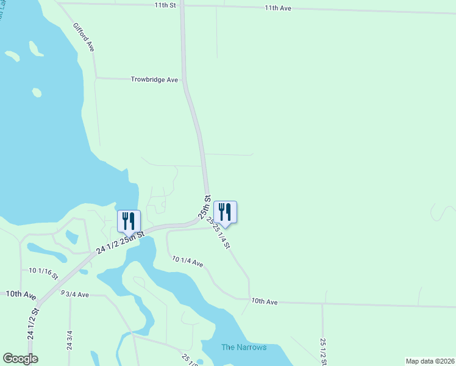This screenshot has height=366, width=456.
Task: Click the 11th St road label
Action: [x=165, y=5]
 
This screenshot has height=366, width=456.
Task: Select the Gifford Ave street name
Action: [x=84, y=37]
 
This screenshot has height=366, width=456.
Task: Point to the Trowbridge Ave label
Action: [x=154, y=79]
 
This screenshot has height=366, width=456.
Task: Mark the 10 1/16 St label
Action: [x=43, y=272]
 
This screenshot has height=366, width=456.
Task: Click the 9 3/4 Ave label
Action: [x=74, y=294]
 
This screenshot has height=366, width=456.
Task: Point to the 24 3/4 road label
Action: [x=69, y=340]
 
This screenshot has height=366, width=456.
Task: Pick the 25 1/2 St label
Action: [x=322, y=352]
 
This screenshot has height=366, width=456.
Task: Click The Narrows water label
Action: [x=244, y=347]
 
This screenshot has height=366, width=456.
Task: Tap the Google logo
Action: [x=20, y=359]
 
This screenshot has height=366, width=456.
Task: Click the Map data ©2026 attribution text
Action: [x=429, y=361]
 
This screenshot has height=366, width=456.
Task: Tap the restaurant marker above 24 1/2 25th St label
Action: [x=129, y=221]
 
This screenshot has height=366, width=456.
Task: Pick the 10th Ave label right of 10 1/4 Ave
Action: [x=264, y=301]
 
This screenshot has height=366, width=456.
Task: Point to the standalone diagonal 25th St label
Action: [x=204, y=207]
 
